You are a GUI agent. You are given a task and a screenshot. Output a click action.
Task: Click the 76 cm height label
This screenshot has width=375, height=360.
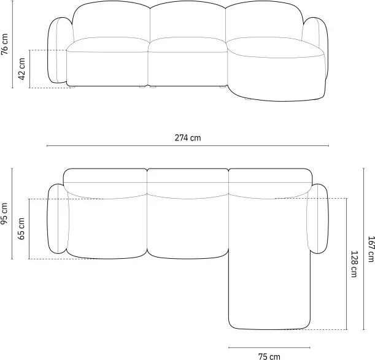(4, 44)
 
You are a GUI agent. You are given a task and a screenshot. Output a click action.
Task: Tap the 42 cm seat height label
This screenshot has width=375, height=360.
(21, 69)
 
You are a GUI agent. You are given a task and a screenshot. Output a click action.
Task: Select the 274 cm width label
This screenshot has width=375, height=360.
(188, 138)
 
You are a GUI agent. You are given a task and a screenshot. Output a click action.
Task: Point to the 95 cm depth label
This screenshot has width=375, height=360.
(4, 213)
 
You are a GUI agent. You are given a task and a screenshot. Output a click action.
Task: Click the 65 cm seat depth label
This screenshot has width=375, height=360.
(21, 229)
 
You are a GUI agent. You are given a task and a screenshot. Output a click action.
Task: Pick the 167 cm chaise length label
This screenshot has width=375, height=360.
(371, 249)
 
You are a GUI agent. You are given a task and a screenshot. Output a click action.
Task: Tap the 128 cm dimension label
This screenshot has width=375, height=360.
(354, 264)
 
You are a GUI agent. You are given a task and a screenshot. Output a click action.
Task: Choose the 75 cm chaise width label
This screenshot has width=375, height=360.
(269, 356)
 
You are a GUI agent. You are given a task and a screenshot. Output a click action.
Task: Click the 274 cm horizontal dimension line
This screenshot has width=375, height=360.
(188, 145)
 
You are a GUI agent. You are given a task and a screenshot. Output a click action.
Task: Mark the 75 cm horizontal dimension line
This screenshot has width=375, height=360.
(269, 348)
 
